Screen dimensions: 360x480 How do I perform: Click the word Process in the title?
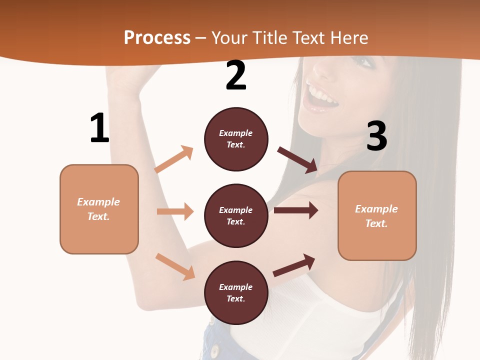tap(157, 37)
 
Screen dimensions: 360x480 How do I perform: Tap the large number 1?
tap(99, 128)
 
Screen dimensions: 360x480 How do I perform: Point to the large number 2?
tap(236, 76)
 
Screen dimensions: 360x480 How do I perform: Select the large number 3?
tap(376, 136)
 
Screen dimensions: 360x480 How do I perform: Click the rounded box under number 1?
tap(99, 209)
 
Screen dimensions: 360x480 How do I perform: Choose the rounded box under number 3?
tap(377, 215)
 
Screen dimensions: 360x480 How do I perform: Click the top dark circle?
tap(236, 139)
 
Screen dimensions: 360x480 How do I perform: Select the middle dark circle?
tap(236, 215)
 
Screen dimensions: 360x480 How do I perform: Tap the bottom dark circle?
tap(236, 292)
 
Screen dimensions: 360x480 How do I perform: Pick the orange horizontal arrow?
tap(175, 211)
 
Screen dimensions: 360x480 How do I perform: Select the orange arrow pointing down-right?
tap(175, 266)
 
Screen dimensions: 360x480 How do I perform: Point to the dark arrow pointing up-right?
tap(294, 265)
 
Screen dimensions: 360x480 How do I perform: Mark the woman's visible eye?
tap(363, 62)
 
